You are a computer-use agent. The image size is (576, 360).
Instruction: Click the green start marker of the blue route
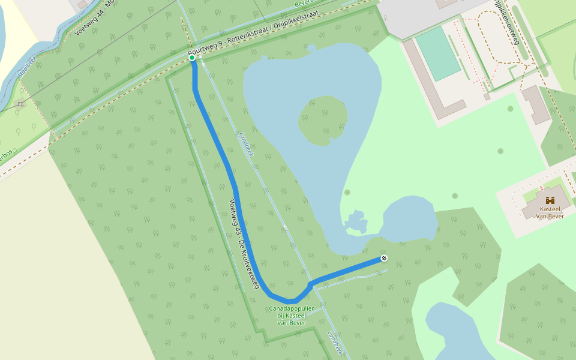192,58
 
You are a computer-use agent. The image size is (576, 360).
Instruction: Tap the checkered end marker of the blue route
383,259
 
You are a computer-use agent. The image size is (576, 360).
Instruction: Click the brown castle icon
549,200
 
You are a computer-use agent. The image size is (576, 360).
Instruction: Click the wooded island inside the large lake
324,120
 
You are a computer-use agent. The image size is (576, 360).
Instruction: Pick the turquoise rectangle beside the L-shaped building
438,54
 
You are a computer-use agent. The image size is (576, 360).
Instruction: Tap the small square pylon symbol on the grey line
20,104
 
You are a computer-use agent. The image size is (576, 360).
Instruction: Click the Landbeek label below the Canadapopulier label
335,343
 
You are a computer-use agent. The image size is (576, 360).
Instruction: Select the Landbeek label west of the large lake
246,143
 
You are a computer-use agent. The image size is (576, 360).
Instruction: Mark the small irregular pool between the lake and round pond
355,222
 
